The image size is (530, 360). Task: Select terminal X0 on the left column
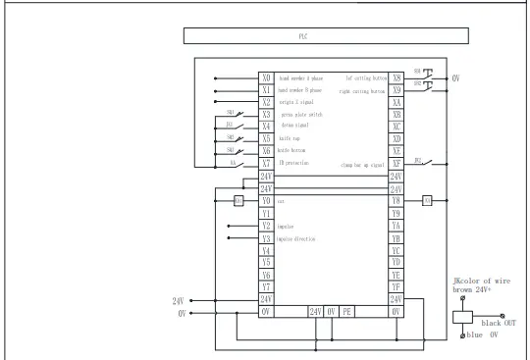point(266,77)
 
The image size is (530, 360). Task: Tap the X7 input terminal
point(266,165)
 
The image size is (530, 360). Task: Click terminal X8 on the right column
point(397,77)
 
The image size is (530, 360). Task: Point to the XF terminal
point(397,163)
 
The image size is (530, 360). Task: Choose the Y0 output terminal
point(266,201)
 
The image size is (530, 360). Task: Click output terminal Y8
point(397,201)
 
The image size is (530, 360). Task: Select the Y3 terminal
point(266,238)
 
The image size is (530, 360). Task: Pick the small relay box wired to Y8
point(427,201)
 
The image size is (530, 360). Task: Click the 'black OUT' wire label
point(494,319)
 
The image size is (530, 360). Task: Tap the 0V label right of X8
point(455,77)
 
